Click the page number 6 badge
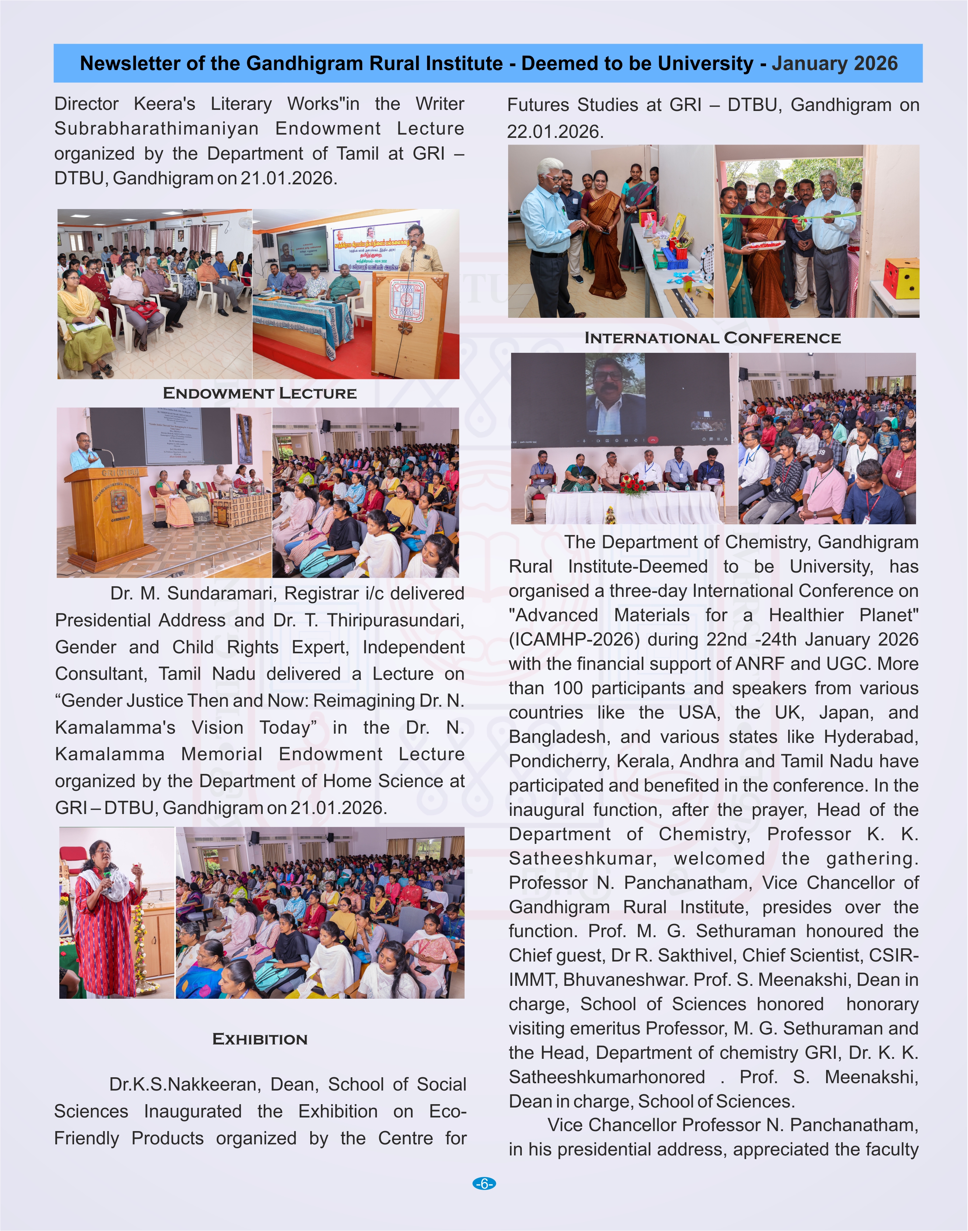click(x=483, y=1183)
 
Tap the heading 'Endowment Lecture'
click(x=259, y=393)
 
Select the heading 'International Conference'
click(x=712, y=338)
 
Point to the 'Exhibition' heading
click(x=259, y=1039)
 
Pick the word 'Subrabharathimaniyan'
click(x=157, y=129)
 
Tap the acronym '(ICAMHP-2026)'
click(x=574, y=640)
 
